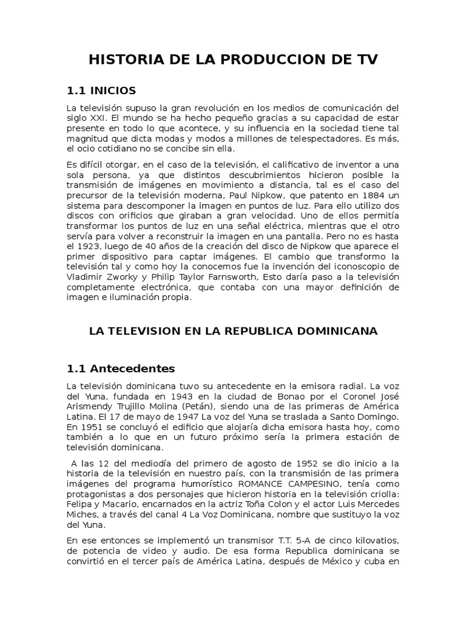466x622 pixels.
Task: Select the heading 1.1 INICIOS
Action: point(101,91)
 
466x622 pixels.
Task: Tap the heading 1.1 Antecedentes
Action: point(120,369)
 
